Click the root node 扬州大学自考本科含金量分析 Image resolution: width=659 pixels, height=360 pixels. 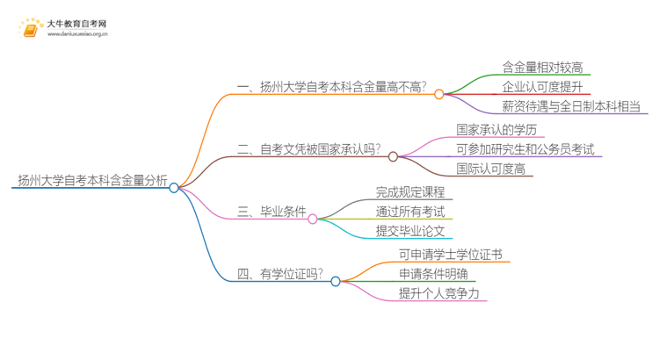[92, 181]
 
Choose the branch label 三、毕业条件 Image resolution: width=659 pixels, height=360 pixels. [272, 212]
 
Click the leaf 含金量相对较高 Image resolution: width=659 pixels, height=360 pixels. [542, 68]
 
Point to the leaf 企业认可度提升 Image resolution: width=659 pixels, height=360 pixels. [542, 87]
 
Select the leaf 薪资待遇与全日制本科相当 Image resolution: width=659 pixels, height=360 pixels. [571, 107]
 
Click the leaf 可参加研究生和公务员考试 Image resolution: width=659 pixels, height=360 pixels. [525, 149]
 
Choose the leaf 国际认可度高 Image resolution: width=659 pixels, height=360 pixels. [490, 169]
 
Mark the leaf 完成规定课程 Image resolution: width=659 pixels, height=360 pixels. [409, 192]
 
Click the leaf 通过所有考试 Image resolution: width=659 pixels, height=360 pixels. [409, 212]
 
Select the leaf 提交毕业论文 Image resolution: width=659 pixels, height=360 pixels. [409, 231]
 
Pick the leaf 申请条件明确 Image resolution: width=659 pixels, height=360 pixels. [429, 275]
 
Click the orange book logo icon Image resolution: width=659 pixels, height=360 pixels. [32, 29]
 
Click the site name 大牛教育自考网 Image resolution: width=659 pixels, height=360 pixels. [78, 24]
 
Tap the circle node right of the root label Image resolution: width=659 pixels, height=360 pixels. [174, 188]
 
